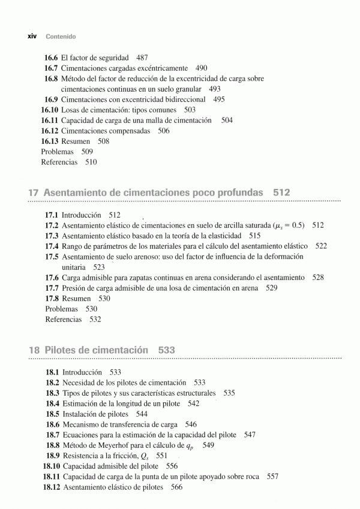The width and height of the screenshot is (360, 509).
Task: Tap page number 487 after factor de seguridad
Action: coord(142,58)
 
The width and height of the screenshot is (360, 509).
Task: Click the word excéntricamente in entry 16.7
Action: coord(161,68)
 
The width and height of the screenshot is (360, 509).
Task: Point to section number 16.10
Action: coord(49,110)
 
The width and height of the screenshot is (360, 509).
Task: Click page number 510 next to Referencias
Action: coord(91,162)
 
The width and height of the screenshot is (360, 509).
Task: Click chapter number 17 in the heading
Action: coord(34,193)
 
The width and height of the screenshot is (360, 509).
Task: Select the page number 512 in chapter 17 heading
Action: coord(281,193)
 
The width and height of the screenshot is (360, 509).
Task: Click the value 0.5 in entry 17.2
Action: coord(296,225)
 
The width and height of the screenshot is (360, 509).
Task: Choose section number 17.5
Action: coord(52,257)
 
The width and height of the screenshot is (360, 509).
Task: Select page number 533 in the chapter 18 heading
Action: coord(167,350)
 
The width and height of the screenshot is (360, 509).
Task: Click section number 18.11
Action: coord(51,477)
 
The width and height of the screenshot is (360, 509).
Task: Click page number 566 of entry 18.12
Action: coord(176,487)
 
